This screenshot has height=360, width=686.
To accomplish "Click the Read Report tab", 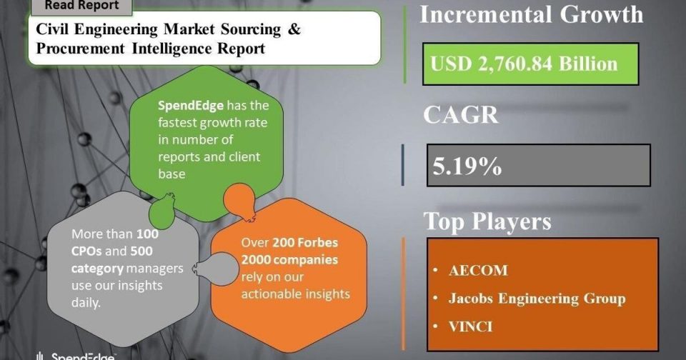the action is (x=81, y=6).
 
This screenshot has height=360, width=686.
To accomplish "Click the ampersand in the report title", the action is (x=294, y=29).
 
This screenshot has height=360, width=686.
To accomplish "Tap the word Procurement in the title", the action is (x=80, y=49).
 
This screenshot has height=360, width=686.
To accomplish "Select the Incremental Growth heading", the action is (x=532, y=14).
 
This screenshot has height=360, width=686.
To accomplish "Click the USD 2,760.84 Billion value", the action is (x=524, y=64).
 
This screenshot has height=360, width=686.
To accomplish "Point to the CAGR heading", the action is (x=461, y=114).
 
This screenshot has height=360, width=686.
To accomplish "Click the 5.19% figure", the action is (x=467, y=166).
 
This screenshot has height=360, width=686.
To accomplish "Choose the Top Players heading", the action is (x=487, y=221).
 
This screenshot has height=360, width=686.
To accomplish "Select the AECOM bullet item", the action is (x=478, y=270).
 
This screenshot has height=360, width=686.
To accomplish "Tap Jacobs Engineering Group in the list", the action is (x=537, y=299).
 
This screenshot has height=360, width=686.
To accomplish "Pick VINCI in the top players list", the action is (x=470, y=326).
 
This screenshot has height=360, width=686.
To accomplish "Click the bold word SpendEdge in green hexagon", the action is (x=191, y=106).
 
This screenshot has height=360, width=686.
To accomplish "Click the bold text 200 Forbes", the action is (x=305, y=242).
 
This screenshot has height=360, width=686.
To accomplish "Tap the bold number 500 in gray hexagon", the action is (x=141, y=251).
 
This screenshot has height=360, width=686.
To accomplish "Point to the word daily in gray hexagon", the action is (x=86, y=303).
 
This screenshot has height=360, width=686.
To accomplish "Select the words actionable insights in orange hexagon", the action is (x=295, y=294).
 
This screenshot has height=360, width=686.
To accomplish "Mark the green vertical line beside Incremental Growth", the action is (x=404, y=44).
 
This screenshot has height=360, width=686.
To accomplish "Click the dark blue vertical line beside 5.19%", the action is (x=403, y=165).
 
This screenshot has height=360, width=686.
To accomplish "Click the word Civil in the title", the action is (x=52, y=29).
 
